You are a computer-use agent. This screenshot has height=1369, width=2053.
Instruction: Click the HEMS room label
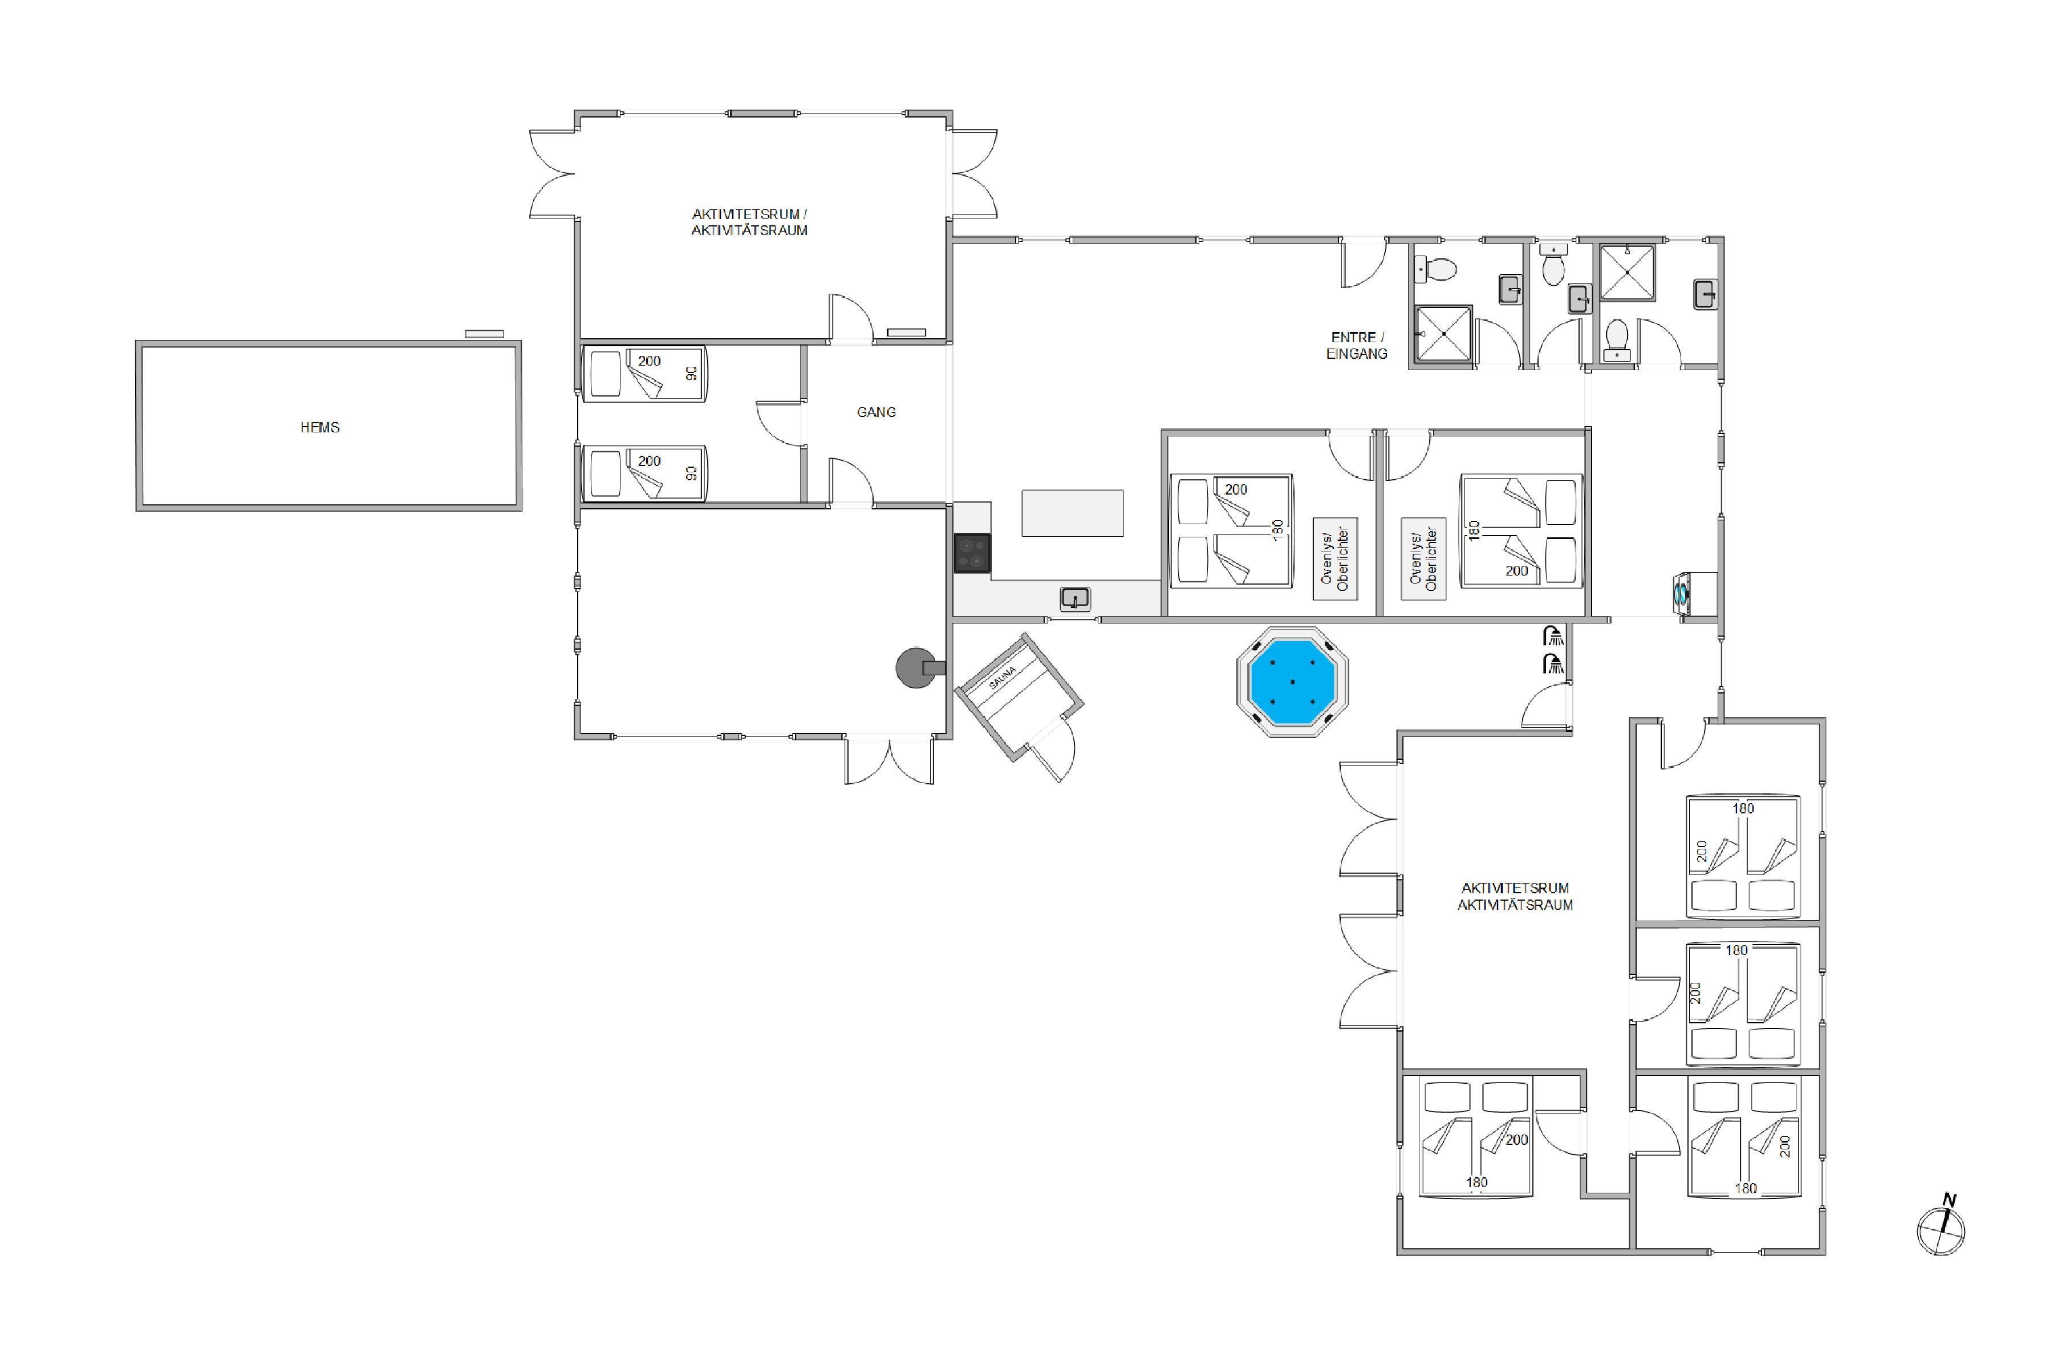click(319, 427)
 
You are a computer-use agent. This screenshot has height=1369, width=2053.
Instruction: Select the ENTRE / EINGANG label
click(1357, 345)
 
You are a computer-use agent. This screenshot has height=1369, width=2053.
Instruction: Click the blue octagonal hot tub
click(1293, 682)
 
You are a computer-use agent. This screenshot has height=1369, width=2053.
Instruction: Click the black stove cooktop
click(972, 553)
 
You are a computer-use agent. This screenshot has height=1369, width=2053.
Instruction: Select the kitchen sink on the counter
click(1076, 599)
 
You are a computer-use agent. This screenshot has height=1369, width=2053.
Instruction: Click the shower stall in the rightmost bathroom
click(1627, 273)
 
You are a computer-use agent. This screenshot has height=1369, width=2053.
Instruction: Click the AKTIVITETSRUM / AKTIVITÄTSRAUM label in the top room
click(750, 222)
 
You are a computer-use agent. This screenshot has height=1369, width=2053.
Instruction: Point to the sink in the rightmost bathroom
click(1706, 294)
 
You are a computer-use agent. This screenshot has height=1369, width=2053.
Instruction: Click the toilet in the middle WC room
click(1553, 265)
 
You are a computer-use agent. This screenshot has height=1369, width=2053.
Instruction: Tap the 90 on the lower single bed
click(691, 473)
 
